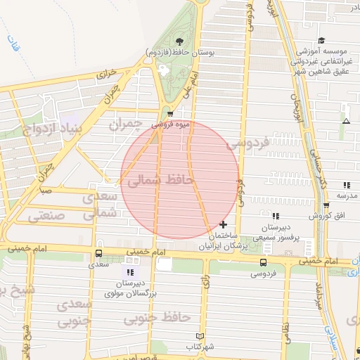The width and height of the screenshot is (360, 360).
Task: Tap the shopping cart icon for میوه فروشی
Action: click(x=170, y=114)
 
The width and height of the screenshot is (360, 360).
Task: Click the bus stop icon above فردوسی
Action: click(x=263, y=262)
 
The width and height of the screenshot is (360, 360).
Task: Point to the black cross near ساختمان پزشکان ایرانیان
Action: click(x=224, y=225)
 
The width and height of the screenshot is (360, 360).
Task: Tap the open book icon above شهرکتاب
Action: click(x=200, y=336)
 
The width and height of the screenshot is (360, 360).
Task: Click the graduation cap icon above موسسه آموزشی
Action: click(x=321, y=40)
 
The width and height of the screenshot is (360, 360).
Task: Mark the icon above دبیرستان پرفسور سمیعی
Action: click(x=276, y=216)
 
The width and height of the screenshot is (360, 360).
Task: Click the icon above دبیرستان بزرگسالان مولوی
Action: click(x=129, y=271)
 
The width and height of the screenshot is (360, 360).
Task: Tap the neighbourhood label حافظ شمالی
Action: click(x=160, y=181)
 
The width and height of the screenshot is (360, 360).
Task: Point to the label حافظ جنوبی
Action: click(x=157, y=319)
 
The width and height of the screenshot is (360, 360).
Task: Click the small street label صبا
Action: click(x=44, y=190)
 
